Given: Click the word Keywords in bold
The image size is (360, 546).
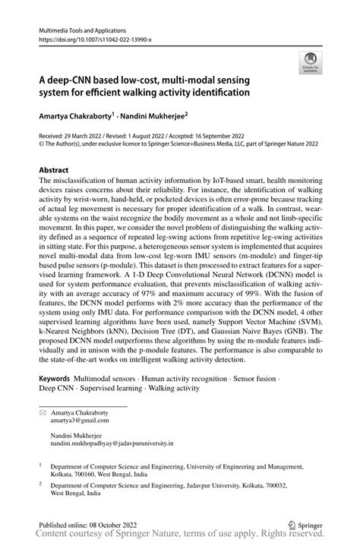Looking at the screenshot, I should pos(55,377).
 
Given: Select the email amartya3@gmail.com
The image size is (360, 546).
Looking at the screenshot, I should pos(74,418).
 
